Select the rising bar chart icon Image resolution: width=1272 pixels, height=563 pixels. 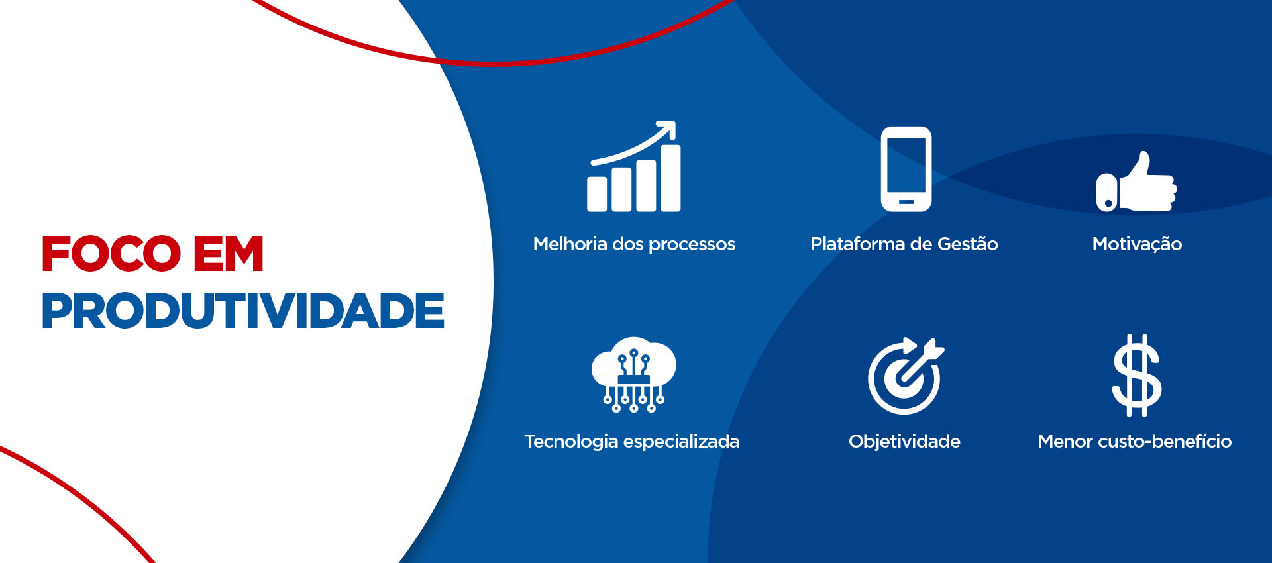(x=634, y=166)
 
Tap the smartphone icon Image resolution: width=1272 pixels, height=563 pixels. (x=906, y=169)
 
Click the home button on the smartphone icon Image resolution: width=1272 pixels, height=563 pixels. (x=906, y=201)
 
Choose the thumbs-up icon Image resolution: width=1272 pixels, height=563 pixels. (x=1136, y=181)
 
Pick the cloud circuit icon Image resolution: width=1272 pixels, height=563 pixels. (x=634, y=375)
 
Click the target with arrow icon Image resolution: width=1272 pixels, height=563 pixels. (x=906, y=376)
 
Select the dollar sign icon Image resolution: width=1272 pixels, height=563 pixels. (x=1137, y=376)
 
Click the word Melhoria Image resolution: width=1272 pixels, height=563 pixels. (x=570, y=244)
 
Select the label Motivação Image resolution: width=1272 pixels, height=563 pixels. (x=1137, y=244)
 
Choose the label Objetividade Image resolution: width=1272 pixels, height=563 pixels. (x=904, y=442)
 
